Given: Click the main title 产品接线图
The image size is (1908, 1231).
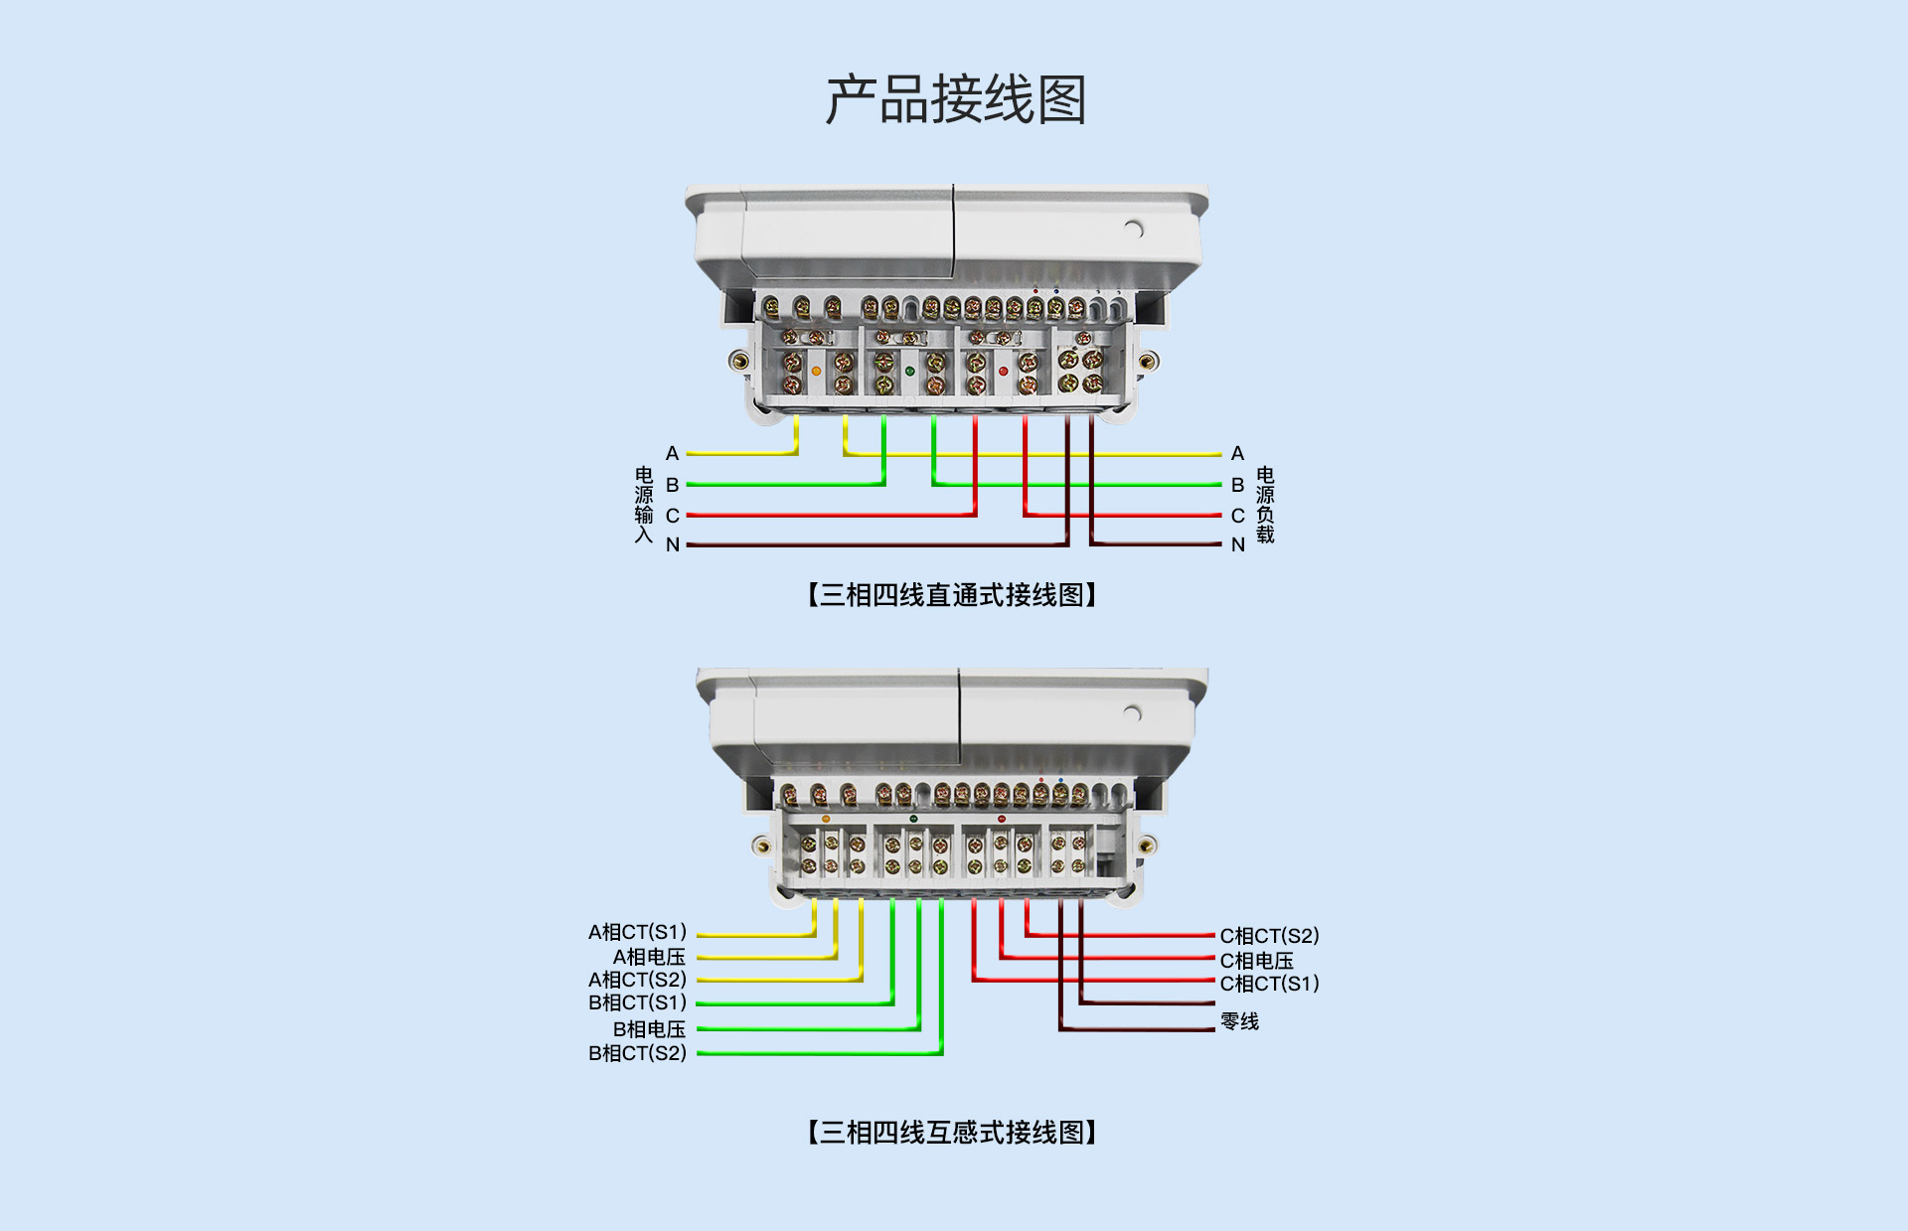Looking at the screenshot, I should coord(955,100).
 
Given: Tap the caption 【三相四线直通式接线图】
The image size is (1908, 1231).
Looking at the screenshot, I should coord(952,595).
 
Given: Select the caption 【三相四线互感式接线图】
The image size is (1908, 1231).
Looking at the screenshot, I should coord(952,1133).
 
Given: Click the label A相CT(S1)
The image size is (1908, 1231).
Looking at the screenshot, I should coord(637,932).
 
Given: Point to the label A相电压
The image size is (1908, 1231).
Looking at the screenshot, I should coord(649,957).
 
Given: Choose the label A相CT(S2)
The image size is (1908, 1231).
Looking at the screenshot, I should coord(637,980).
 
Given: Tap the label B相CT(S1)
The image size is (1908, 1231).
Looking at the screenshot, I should coord(637,1002).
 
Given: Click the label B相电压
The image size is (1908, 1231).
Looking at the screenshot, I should coord(649,1029).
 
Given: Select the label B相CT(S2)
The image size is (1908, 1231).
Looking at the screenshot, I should coord(637,1053).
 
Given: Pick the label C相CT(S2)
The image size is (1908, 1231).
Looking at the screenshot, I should coord(1269,936).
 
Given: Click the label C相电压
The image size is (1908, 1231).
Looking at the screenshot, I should coord(1257,961).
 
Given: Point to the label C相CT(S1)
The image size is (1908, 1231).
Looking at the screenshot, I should coord(1269,984).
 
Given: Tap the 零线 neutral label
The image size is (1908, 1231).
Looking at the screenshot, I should coord(1239,1021).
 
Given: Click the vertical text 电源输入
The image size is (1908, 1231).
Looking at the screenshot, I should coord(644,505).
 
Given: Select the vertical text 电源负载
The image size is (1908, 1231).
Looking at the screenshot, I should coord(1265,505).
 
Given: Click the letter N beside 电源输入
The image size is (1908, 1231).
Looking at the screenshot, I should coord(673,544).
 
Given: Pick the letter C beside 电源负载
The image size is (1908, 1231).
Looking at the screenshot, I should coord(1237,516).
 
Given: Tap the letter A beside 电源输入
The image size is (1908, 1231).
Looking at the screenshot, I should coord(673,453).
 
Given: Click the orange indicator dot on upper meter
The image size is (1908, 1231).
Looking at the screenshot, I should coord(816,371).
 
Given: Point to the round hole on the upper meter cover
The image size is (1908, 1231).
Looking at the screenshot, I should coord(1134,230).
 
